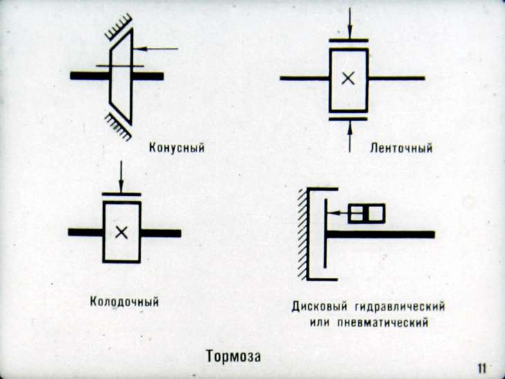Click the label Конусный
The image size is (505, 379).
pyautogui.click(x=177, y=147)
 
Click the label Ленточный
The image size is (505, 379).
pyautogui.click(x=401, y=147)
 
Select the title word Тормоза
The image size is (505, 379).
pyautogui.click(x=233, y=357)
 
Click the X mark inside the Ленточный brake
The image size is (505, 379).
pyautogui.click(x=349, y=78)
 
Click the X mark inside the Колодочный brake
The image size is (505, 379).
pyautogui.click(x=121, y=232)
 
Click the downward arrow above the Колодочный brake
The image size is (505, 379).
pyautogui.click(x=121, y=177)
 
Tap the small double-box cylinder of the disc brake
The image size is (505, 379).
pyautogui.click(x=366, y=213)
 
